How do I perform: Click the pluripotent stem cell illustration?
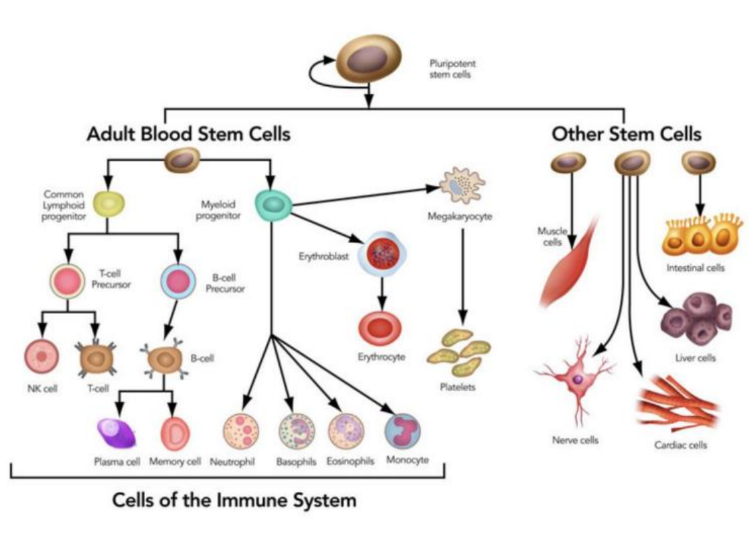coord(368,60)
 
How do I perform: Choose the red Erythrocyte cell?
coord(380,327)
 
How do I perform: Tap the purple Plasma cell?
coord(117,434)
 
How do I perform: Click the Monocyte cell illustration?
coord(403,431)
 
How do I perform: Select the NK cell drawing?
coord(42,357)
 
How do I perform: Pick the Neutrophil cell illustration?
coord(241,431)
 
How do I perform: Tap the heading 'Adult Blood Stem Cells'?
coord(188,134)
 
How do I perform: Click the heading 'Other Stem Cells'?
coord(626,134)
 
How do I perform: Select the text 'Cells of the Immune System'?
coord(233,501)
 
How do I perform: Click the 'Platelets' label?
coord(457,388)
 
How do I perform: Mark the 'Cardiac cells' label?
coord(680,445)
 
